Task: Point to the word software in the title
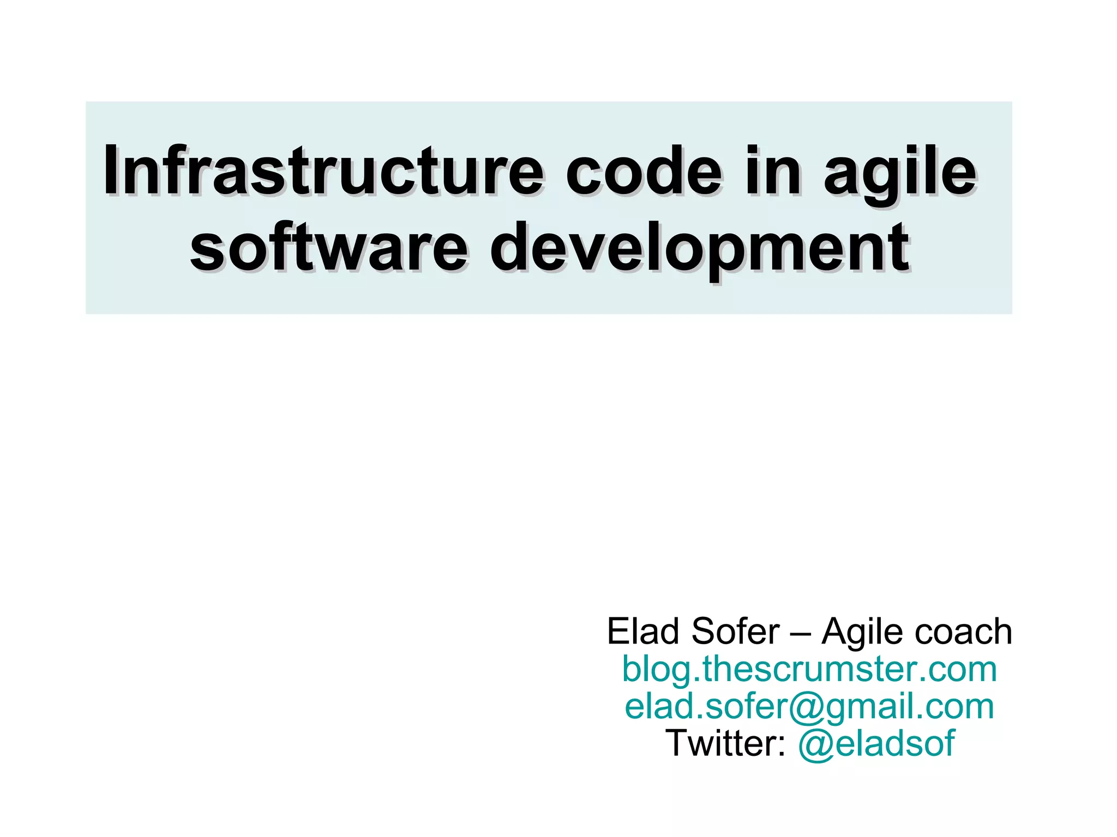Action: pyautogui.click(x=327, y=248)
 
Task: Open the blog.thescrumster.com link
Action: pyautogui.click(x=809, y=670)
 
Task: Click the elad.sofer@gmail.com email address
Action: pyautogui.click(x=809, y=707)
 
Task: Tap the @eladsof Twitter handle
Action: pyautogui.click(x=876, y=743)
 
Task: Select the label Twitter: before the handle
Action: pyautogui.click(x=725, y=743)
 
